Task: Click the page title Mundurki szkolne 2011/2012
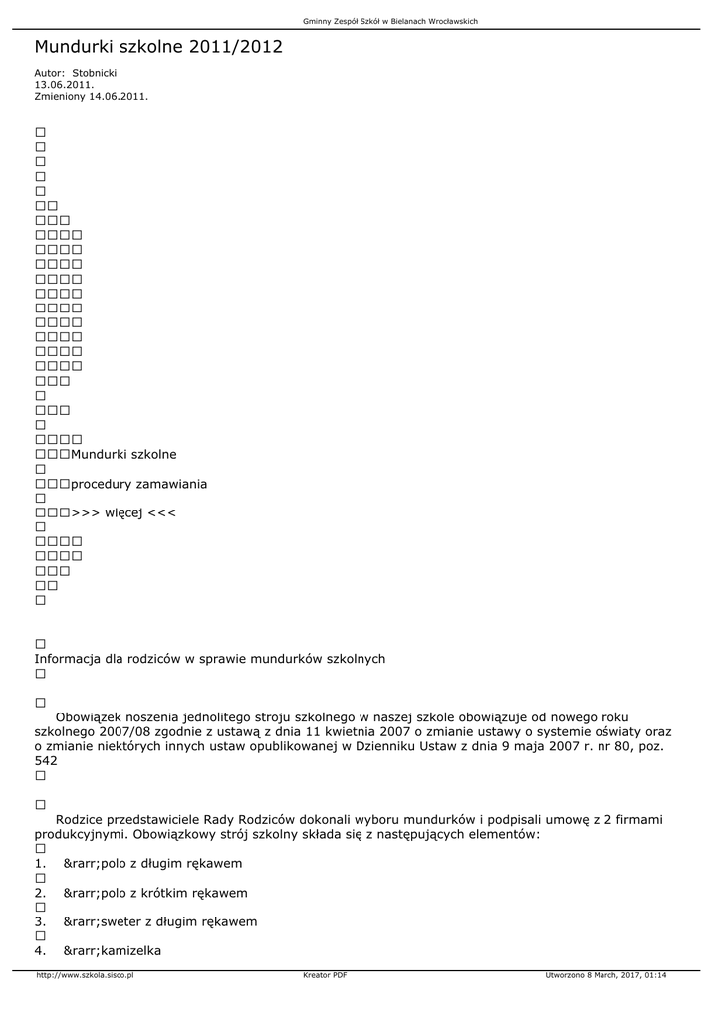[158, 47]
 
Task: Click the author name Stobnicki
[95, 73]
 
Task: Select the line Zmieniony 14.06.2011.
[92, 96]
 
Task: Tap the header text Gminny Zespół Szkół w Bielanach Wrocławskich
[390, 22]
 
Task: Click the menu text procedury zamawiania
[139, 484]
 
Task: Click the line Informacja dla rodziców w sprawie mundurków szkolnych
[210, 659]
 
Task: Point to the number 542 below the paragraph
[46, 760]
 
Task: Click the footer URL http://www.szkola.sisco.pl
[85, 975]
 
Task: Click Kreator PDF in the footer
[325, 975]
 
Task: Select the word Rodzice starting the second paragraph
[84, 819]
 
